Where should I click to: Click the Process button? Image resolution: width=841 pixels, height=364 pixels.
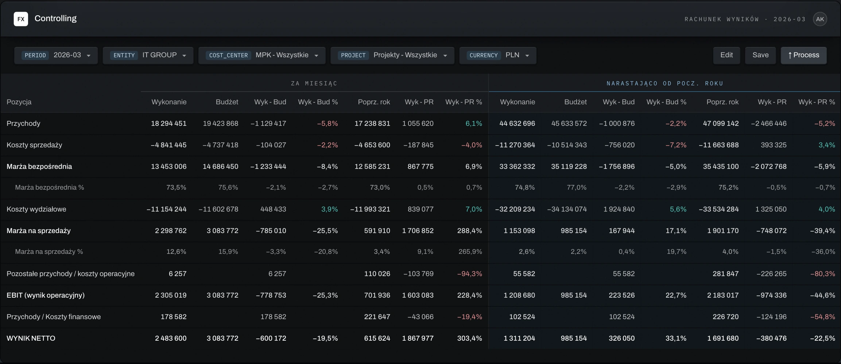coord(803,55)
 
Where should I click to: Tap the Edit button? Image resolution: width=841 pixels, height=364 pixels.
coord(726,55)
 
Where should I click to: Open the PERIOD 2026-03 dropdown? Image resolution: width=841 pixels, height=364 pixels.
coord(56,55)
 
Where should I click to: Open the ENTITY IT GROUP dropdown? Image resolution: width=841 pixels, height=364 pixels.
coord(148,55)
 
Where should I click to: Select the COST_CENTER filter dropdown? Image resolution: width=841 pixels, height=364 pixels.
coord(262,55)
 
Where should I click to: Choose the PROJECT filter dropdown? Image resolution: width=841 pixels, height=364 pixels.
coord(392,55)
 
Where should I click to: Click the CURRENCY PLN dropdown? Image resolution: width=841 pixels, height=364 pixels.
coord(498,55)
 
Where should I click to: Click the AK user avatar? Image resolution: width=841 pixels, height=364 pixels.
coord(820,19)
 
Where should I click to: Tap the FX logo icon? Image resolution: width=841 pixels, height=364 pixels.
coord(21,19)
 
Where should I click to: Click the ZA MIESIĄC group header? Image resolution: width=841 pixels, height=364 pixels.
coord(314,84)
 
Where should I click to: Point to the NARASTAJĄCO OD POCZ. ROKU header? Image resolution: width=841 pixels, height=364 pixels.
coord(665,84)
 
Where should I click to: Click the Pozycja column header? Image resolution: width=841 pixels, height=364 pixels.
coord(19,102)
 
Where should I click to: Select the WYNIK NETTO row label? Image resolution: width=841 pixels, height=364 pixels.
coord(31,338)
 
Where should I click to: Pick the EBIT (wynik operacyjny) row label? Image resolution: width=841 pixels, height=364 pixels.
coord(46,295)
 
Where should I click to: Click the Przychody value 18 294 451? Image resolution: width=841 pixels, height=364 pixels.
coord(169,124)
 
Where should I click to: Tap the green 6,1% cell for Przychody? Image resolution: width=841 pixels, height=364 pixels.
coord(474,124)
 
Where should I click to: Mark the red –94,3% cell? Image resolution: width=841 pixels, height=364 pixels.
coord(470,274)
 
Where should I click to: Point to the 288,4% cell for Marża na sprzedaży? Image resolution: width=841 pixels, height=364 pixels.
coord(470,231)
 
